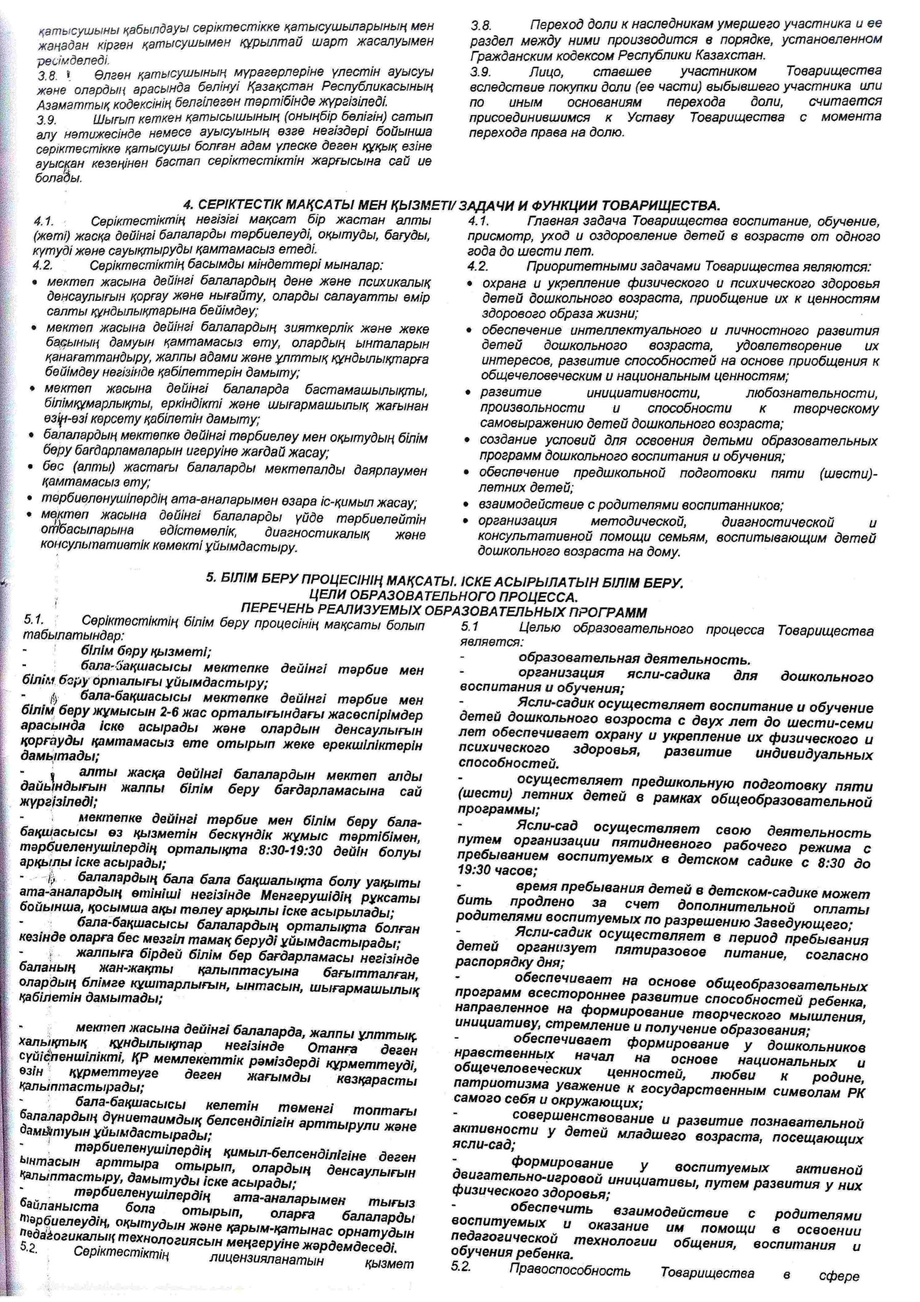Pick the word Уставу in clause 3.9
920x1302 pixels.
(648, 118)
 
